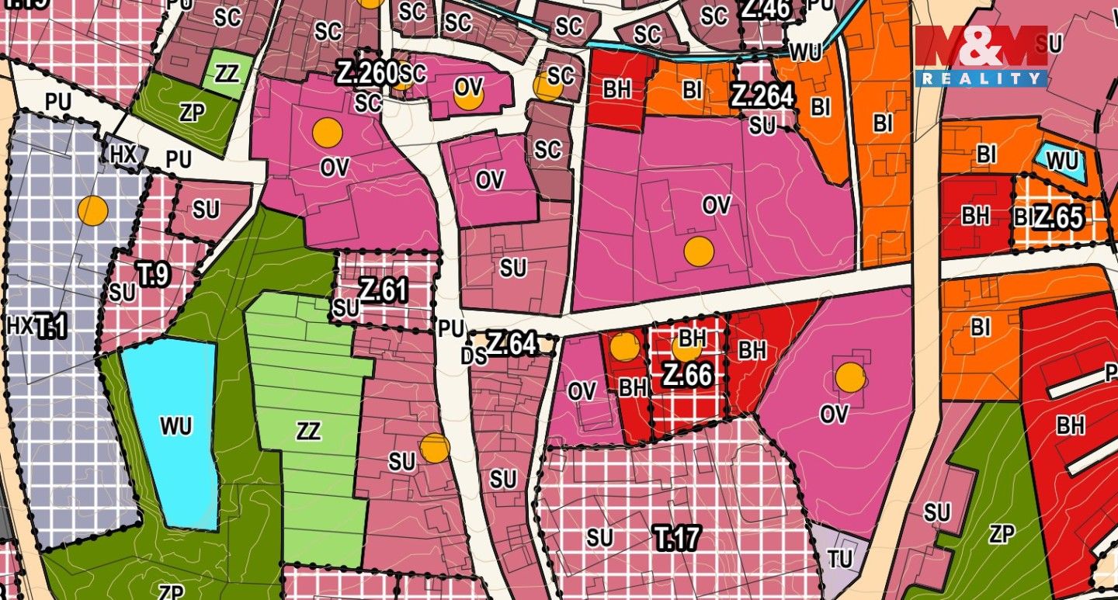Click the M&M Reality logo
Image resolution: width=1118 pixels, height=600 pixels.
point(981,56)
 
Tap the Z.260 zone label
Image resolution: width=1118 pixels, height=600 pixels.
point(366,74)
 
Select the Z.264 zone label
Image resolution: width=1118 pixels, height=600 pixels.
point(762,96)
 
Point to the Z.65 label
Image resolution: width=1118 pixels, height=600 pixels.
point(1058,218)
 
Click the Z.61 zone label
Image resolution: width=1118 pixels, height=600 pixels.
point(383,290)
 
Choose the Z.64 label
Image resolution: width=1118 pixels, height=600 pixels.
point(512,343)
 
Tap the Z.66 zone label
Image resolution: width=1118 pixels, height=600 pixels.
point(687,375)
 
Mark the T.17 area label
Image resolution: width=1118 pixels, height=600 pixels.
point(677,537)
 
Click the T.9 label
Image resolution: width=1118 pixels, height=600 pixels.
point(153,274)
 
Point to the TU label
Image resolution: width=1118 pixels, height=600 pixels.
point(839,560)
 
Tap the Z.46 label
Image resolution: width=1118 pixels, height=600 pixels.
point(766,9)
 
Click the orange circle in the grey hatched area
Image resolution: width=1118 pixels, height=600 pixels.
point(92,211)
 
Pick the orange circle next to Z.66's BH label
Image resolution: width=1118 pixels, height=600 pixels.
point(685,349)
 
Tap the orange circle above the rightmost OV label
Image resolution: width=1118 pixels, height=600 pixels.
point(850,377)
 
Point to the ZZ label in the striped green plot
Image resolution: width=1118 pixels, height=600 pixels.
point(308,432)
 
